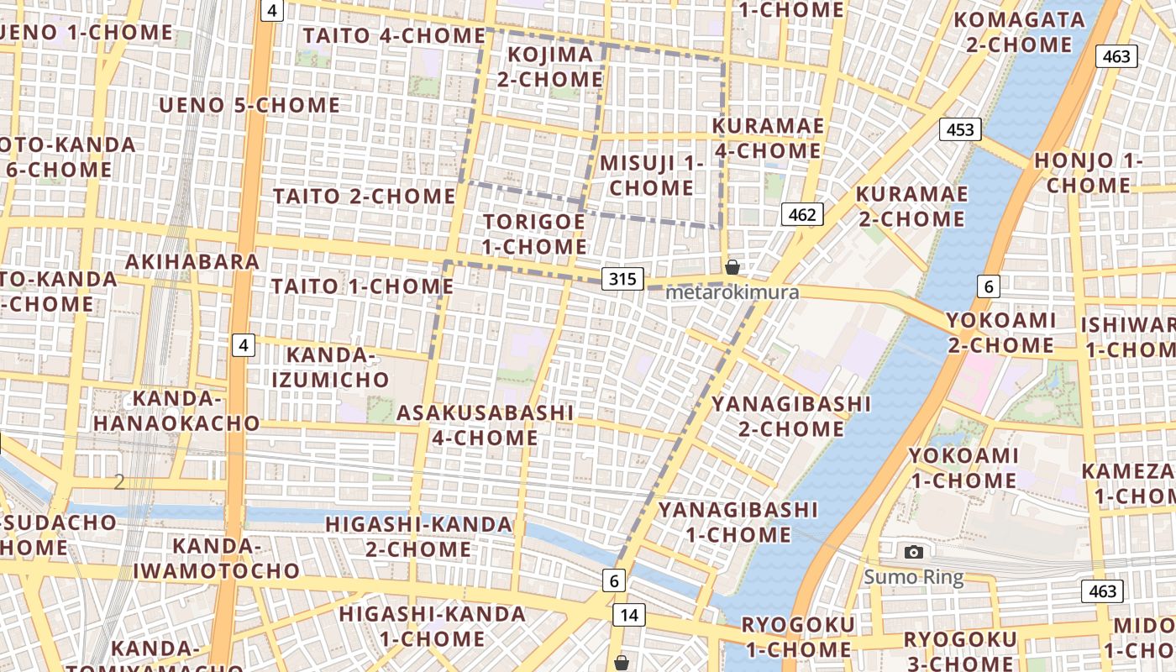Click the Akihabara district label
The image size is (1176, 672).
192,261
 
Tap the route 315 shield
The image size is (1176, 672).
622,278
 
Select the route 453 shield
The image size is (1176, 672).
960,129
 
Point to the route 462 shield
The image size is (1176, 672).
802,214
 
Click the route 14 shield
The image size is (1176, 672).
628,615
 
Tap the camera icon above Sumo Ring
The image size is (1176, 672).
914,552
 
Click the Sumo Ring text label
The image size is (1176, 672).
914,577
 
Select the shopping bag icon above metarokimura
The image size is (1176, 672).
732,267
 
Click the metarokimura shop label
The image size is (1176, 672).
732,292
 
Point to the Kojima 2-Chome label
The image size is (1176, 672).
549,67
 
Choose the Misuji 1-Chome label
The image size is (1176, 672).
651,175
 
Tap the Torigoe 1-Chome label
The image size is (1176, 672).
533,234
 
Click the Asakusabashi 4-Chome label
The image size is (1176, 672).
485,425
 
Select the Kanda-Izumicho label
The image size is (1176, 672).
329,367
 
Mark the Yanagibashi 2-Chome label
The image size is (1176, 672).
791,416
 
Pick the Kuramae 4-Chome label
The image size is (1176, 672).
767,139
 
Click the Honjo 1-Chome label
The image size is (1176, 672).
1089,172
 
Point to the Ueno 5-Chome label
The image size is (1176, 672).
249,105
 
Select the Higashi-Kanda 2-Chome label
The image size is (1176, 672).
418,537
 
